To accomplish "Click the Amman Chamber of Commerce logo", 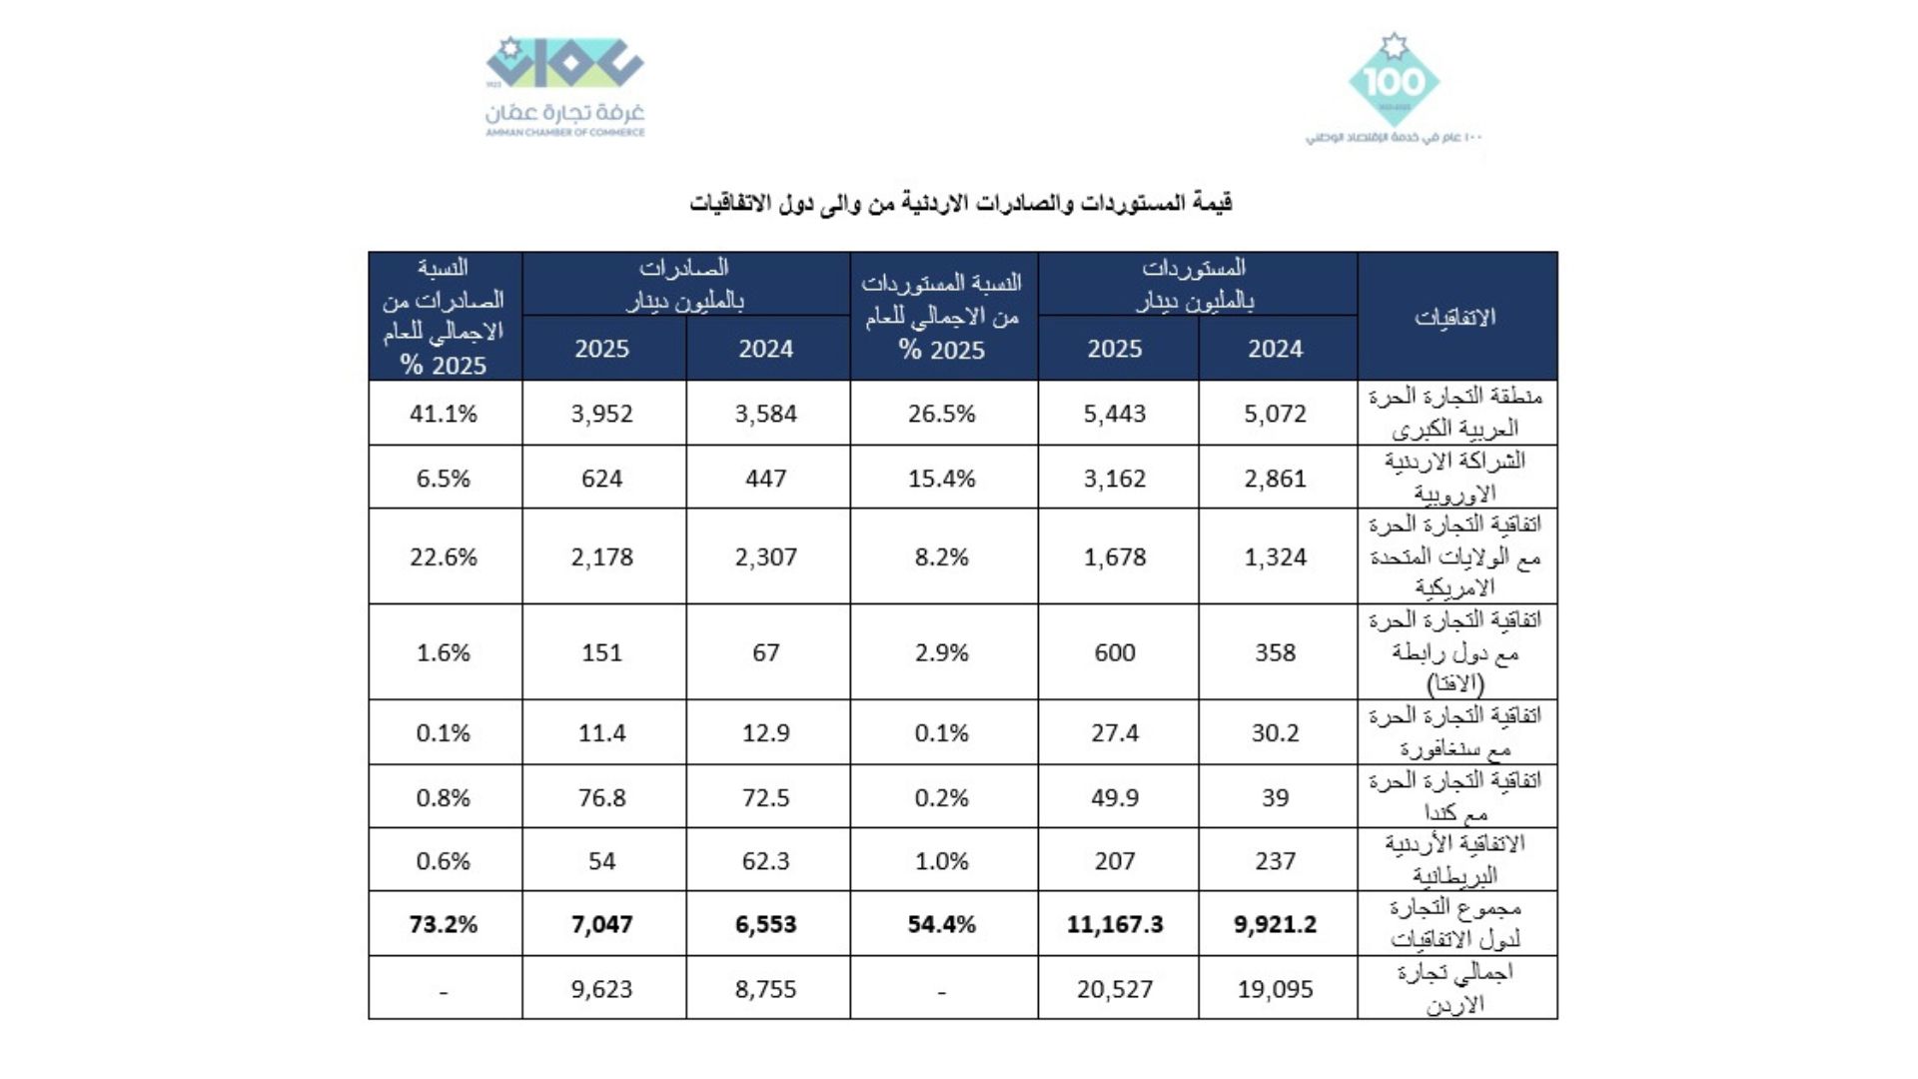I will (x=564, y=87).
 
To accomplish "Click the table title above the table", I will (x=960, y=203).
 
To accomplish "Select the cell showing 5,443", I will (x=1115, y=414).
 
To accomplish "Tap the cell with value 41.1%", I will (x=443, y=414).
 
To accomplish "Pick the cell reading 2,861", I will (x=1275, y=479).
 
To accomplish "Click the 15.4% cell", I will (x=941, y=479).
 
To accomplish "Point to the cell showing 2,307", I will (x=765, y=556).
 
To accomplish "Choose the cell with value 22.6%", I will (x=443, y=556).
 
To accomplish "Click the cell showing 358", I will (x=1275, y=652).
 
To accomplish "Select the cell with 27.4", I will (x=1115, y=733).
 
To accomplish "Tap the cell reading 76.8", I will (x=601, y=797).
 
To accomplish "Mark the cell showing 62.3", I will (x=765, y=861).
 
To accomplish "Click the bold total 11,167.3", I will (x=1115, y=924).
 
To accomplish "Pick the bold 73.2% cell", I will (x=443, y=924).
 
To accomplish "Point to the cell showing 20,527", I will (x=1115, y=989).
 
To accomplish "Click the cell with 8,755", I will (x=765, y=989).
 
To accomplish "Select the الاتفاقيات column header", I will (x=1454, y=318).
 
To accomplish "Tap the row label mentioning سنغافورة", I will (x=1454, y=732).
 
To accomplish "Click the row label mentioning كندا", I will (x=1454, y=796).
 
